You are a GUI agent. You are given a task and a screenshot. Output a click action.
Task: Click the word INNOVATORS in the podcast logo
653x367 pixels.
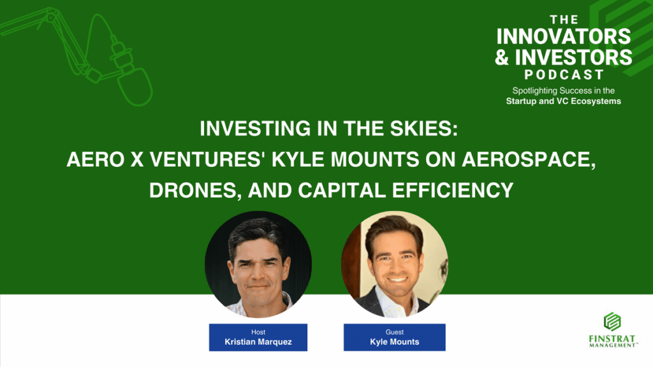[564, 36]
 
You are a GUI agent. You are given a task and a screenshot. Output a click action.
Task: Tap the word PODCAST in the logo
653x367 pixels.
[564, 75]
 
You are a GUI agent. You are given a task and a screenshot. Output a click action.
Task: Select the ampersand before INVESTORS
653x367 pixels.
[503, 57]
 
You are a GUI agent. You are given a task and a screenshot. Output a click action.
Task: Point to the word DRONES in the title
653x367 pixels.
[195, 191]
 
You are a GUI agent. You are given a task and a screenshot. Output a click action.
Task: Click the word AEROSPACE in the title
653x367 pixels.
[529, 159]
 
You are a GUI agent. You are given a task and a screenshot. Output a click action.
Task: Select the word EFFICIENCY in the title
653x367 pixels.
[453, 191]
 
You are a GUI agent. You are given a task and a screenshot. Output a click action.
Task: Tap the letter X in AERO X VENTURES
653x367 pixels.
[136, 159]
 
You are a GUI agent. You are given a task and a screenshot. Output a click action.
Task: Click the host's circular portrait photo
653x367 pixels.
[258, 264]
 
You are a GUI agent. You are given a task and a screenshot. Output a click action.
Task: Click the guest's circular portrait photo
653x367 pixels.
[394, 264]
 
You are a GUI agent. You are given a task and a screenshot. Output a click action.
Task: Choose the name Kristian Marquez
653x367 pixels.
[258, 342]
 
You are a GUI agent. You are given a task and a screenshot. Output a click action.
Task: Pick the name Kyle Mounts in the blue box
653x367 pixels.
[394, 342]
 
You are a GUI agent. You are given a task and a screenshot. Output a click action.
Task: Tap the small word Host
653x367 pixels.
[258, 332]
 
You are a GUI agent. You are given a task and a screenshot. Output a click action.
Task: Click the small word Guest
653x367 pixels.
[394, 332]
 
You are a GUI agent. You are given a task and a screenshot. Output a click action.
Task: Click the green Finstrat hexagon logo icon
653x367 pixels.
[612, 322]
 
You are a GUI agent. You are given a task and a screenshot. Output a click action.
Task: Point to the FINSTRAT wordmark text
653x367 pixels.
[612, 338]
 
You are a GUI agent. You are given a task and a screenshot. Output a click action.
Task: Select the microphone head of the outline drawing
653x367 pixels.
[135, 87]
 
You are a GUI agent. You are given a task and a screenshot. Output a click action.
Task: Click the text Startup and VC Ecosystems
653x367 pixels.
[564, 101]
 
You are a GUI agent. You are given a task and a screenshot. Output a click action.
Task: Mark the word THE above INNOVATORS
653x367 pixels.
[564, 20]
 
